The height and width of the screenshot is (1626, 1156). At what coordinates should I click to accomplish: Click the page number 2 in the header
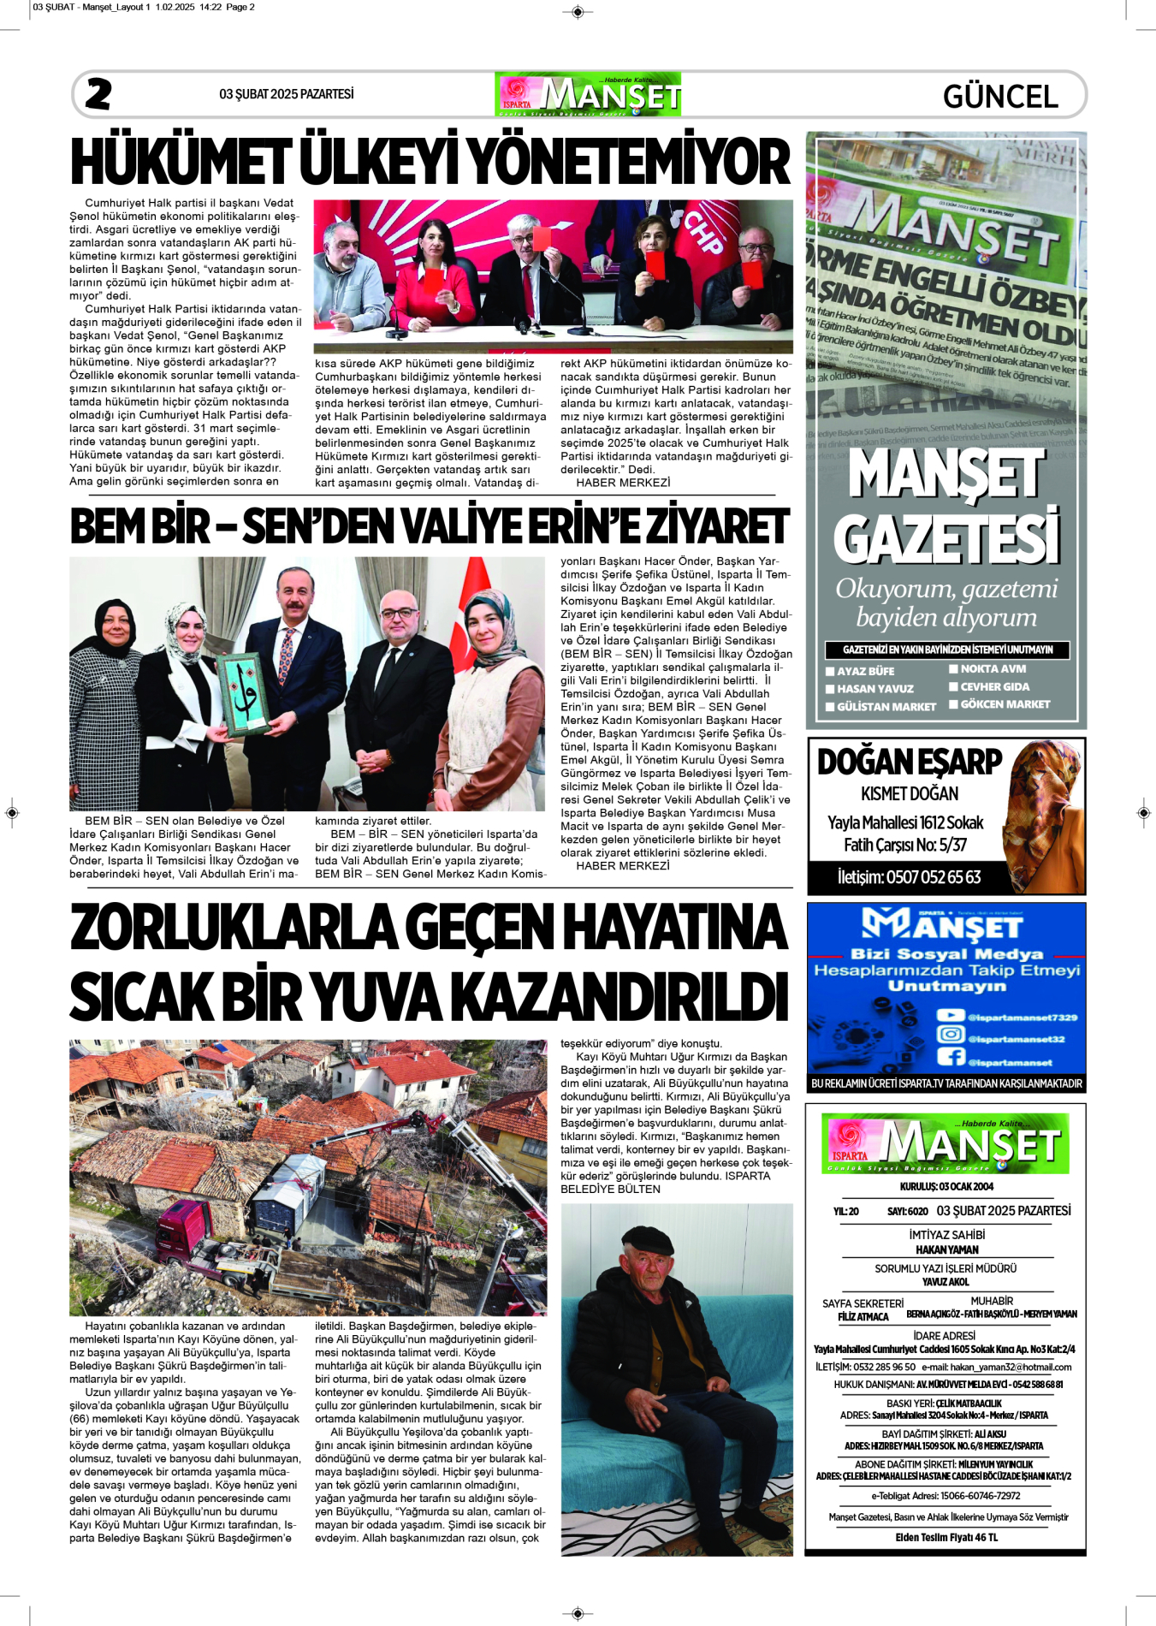pyautogui.click(x=98, y=94)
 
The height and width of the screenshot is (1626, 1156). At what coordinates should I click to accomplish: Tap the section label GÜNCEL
pyautogui.click(x=1000, y=96)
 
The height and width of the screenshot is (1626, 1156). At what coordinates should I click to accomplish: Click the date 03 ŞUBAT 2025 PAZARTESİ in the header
pyautogui.click(x=286, y=94)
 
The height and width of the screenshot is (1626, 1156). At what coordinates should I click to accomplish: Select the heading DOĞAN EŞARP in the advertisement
pyautogui.click(x=909, y=762)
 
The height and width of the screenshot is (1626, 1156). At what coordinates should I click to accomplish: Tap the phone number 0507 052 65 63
pyautogui.click(x=909, y=877)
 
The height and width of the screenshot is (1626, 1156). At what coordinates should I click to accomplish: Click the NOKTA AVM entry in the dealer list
pyautogui.click(x=993, y=669)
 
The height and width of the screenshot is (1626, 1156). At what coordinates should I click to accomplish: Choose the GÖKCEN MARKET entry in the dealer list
pyautogui.click(x=1005, y=704)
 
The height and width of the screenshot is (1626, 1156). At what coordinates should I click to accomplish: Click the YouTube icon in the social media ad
pyautogui.click(x=950, y=1016)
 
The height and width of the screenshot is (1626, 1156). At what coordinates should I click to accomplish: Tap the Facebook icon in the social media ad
pyautogui.click(x=950, y=1057)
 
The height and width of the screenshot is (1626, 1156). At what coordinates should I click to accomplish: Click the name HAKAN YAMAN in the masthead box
pyautogui.click(x=946, y=1249)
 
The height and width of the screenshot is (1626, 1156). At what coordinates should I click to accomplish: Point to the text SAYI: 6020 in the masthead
pyautogui.click(x=907, y=1212)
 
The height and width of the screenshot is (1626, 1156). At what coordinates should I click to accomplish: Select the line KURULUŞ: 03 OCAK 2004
pyautogui.click(x=946, y=1187)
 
